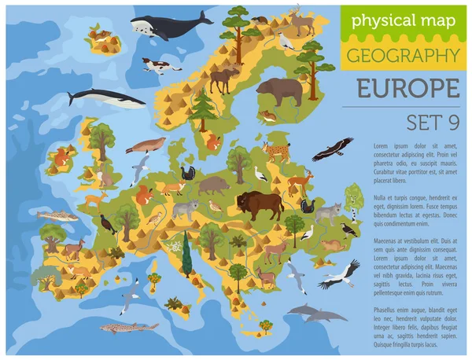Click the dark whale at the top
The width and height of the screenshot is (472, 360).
pyautogui.click(x=169, y=26)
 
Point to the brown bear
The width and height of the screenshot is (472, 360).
pyautogui.click(x=280, y=91)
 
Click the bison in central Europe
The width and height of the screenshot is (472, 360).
pyautogui.click(x=260, y=205)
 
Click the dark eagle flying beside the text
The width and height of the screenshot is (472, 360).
pyautogui.click(x=337, y=147)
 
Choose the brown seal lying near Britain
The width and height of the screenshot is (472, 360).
pyautogui.click(x=148, y=145)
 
